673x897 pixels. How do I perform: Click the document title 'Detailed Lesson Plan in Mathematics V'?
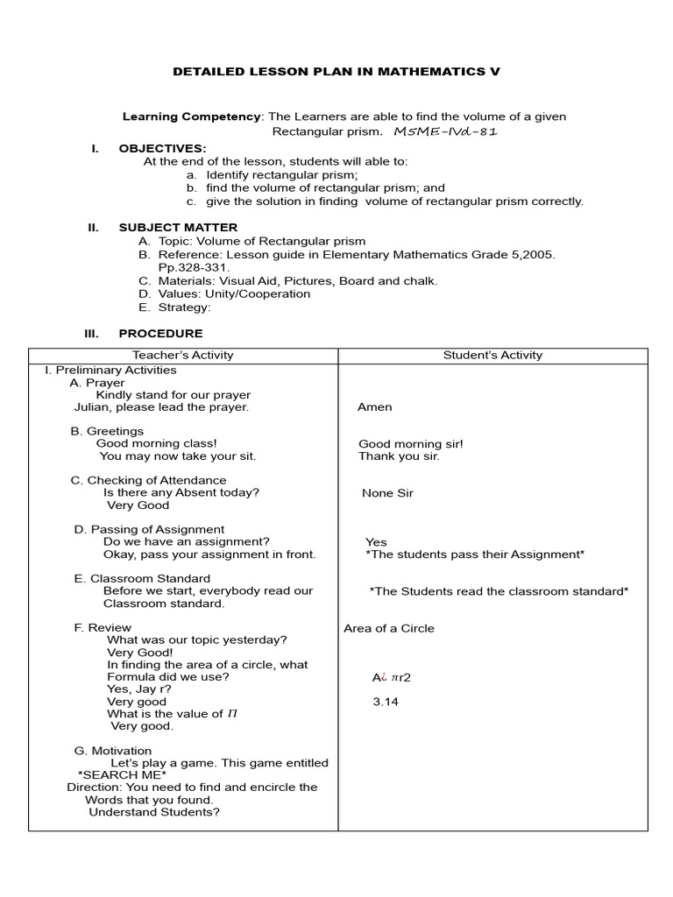pyautogui.click(x=336, y=72)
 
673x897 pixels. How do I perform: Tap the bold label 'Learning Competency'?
pyautogui.click(x=191, y=117)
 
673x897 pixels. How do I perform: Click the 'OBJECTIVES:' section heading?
pyautogui.click(x=162, y=148)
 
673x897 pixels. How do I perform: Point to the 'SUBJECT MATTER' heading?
pyautogui.click(x=178, y=228)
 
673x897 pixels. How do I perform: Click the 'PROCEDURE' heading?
pyautogui.click(x=160, y=334)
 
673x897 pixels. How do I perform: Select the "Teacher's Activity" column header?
pyautogui.click(x=183, y=355)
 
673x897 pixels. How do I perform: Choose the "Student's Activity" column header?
pyautogui.click(x=492, y=355)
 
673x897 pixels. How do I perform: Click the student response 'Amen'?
pyautogui.click(x=375, y=407)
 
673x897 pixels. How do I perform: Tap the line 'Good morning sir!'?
pyautogui.click(x=411, y=444)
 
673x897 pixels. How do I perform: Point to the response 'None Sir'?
pyautogui.click(x=387, y=493)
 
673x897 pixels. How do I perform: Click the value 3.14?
pyautogui.click(x=386, y=702)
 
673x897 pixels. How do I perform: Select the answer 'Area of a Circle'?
pyautogui.click(x=389, y=628)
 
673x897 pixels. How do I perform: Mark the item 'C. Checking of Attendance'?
pyautogui.click(x=148, y=480)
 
